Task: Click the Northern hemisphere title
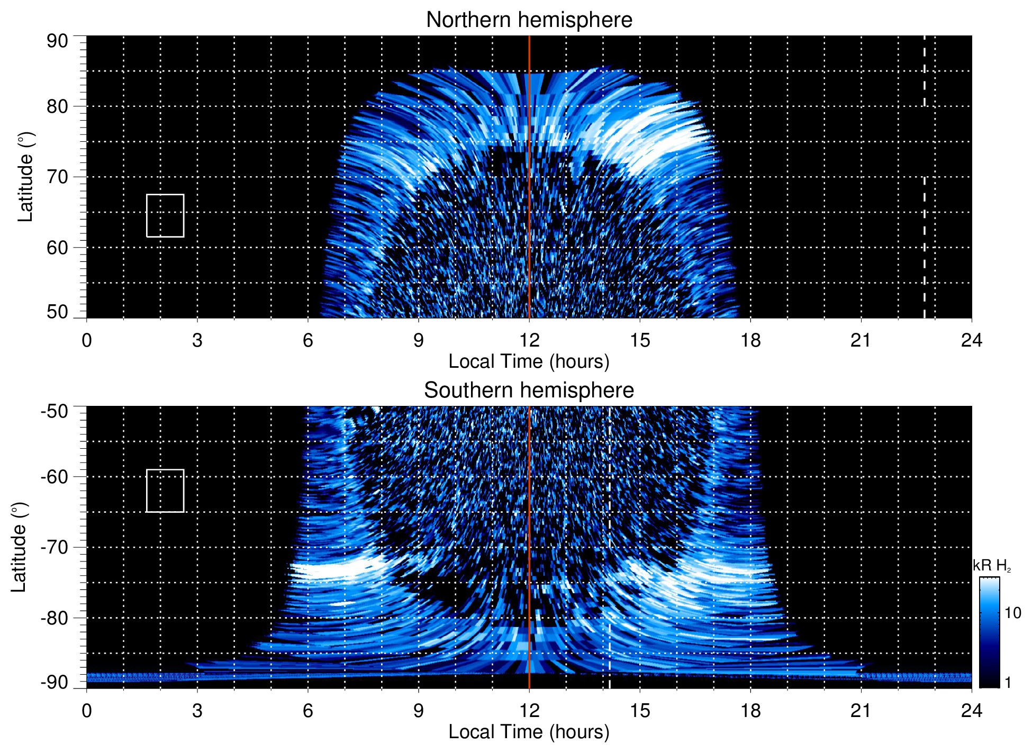[529, 20]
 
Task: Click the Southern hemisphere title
[529, 391]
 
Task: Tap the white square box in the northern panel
[165, 216]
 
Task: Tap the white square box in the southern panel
[165, 491]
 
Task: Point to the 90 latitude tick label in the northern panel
[57, 41]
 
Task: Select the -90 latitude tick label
[55, 683]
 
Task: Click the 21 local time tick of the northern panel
[861, 340]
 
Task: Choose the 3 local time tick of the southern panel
[197, 711]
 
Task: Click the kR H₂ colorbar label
[992, 566]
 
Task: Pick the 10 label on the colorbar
[1012, 613]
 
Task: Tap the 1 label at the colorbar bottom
[1008, 683]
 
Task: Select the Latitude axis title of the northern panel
[25, 177]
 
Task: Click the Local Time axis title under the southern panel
[529, 732]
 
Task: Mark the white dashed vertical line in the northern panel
[925, 212]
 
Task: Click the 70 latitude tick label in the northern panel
[57, 177]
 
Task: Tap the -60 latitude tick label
[55, 477]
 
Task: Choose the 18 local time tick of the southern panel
[750, 711]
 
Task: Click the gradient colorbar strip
[989, 632]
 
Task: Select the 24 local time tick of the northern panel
[971, 340]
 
